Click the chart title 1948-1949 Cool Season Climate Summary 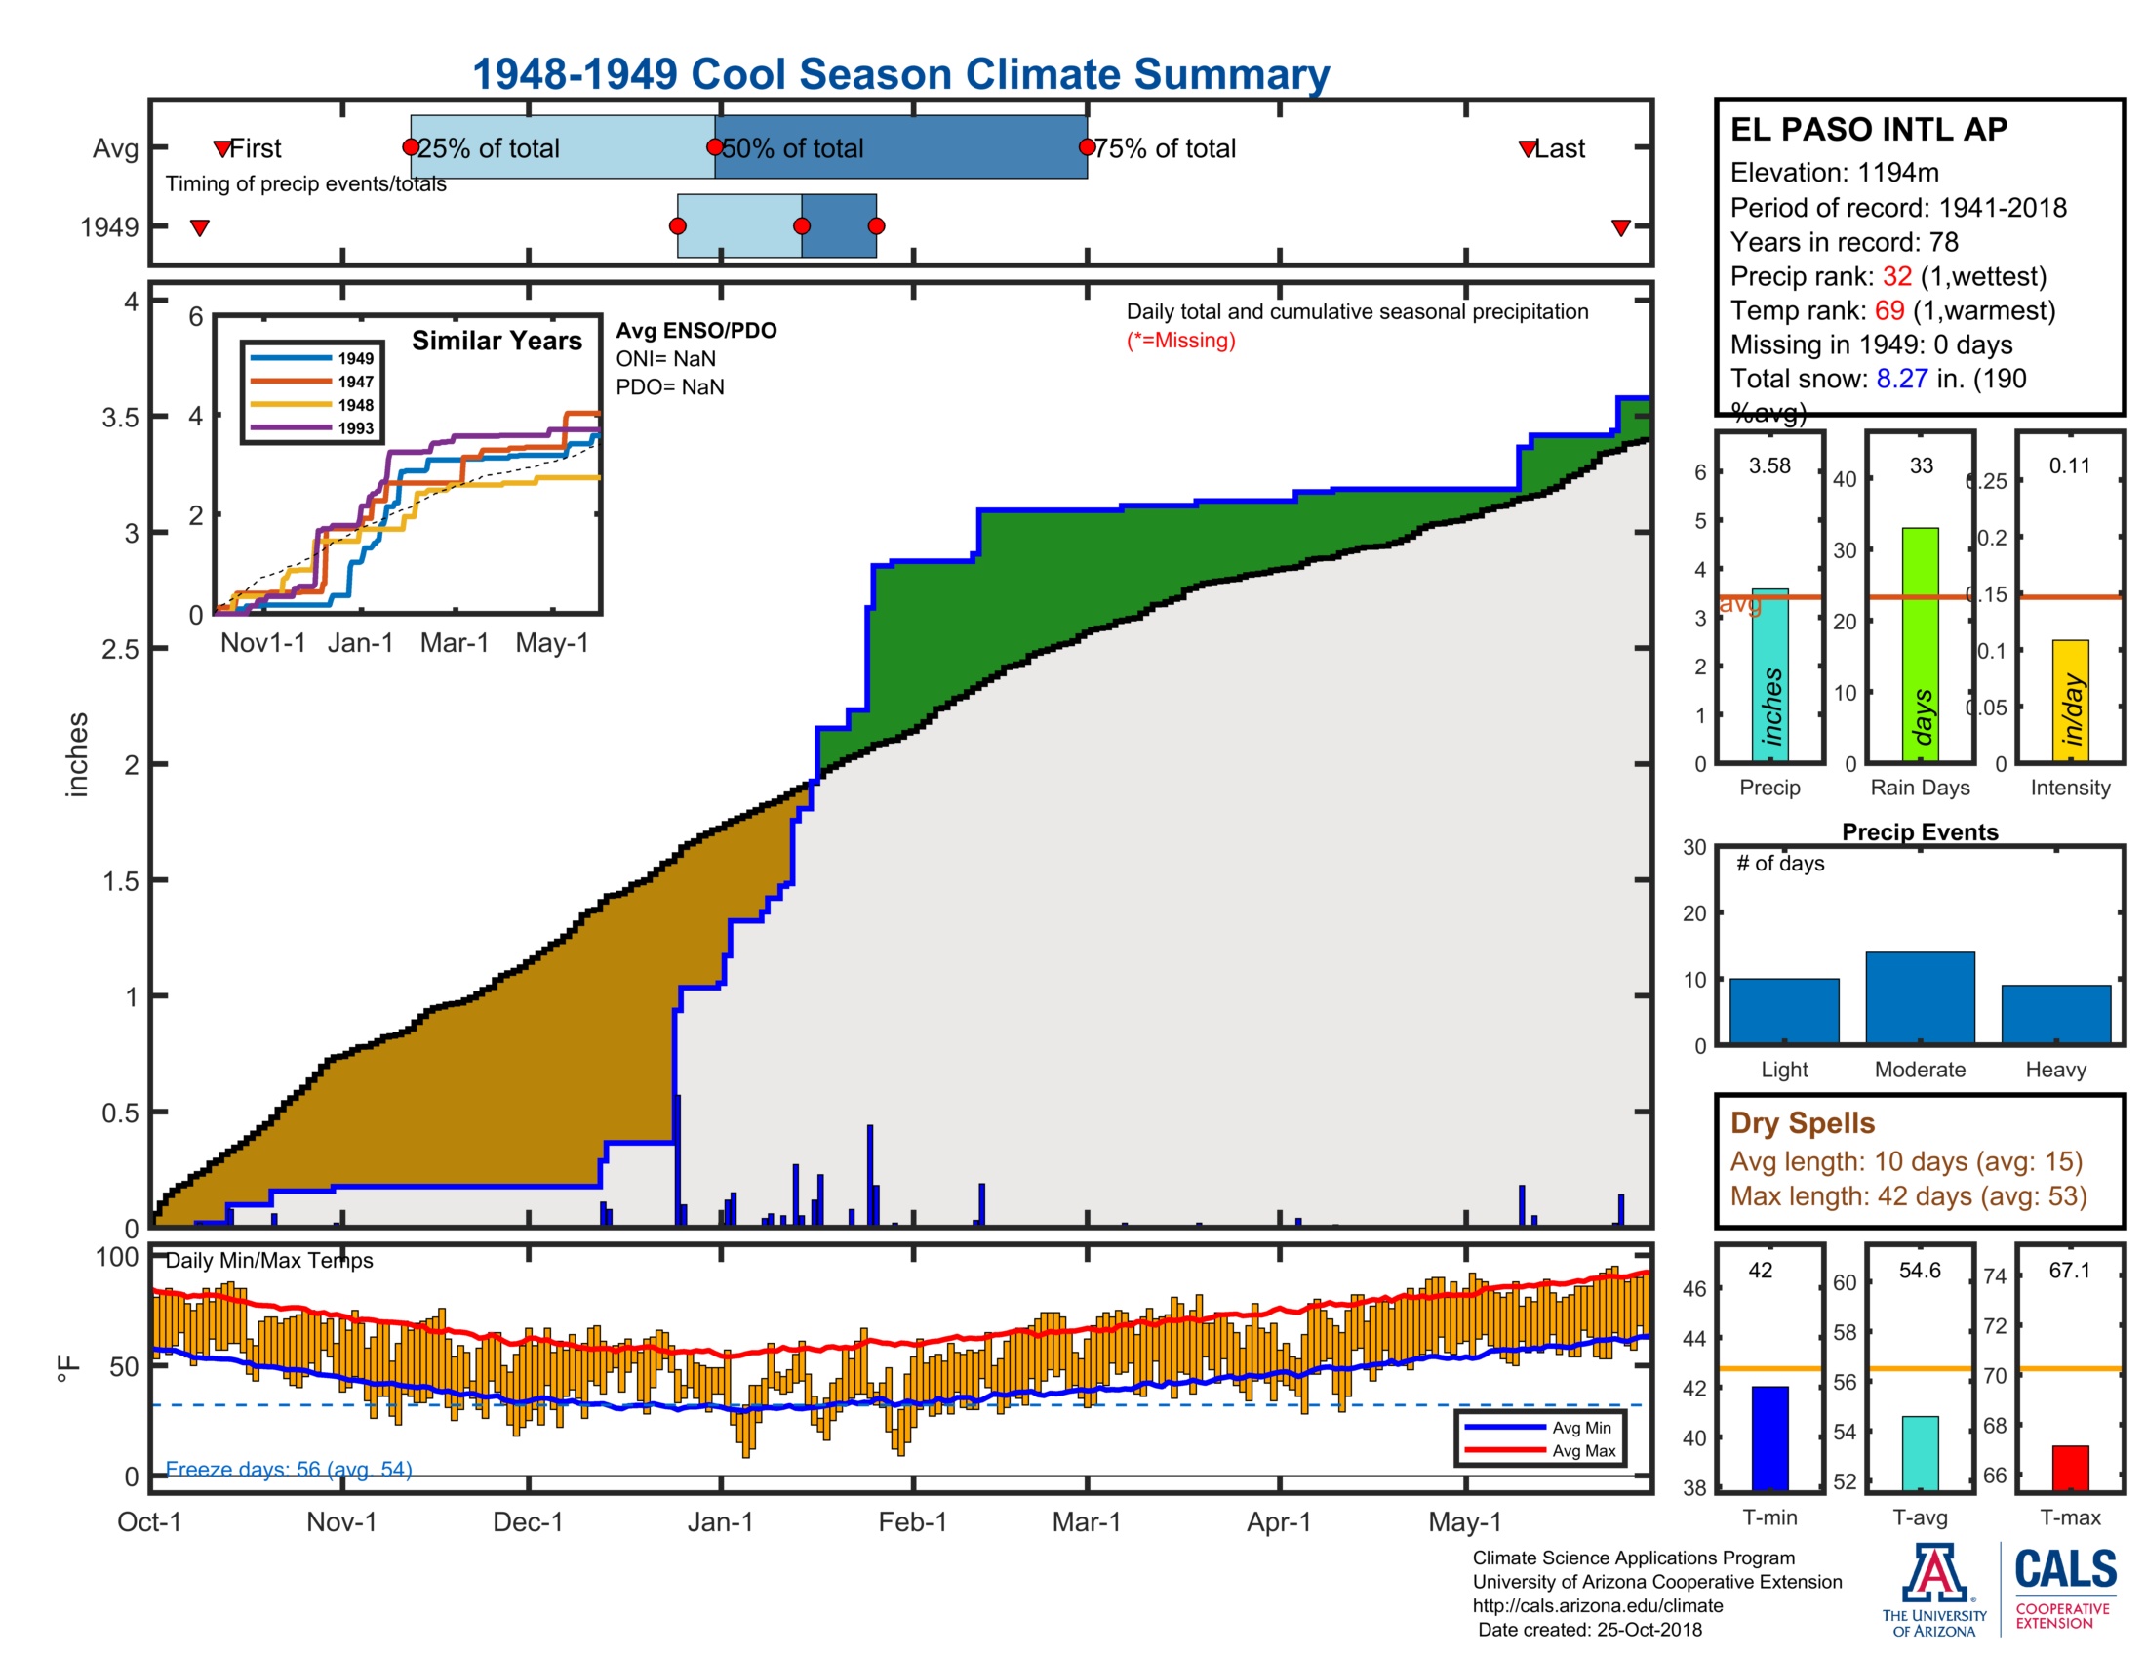click(900, 74)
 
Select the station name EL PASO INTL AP click(1868, 130)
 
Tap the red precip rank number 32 click(1896, 276)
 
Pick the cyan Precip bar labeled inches click(1769, 678)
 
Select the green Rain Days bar click(1920, 645)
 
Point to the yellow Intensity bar click(2069, 701)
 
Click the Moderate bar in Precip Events click(1919, 996)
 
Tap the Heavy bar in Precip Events click(2055, 1013)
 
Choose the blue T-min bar click(1769, 1437)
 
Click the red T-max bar click(2069, 1468)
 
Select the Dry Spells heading click(1802, 1123)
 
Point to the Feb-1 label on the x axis click(912, 1522)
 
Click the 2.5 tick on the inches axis click(120, 650)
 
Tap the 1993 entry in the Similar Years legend click(355, 428)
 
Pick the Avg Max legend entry click(1583, 1450)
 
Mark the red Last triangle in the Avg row click(1527, 148)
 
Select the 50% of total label click(792, 148)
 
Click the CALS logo click(2064, 1570)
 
